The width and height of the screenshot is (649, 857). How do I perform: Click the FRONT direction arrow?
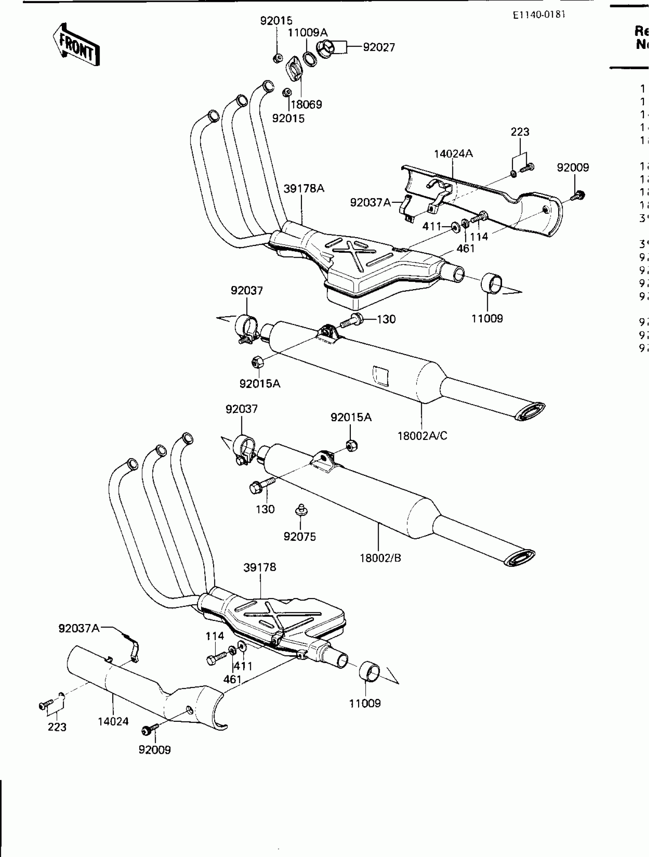pyautogui.click(x=76, y=45)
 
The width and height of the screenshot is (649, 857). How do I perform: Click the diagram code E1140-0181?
pyautogui.click(x=539, y=15)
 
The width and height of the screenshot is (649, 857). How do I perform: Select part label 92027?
pyautogui.click(x=379, y=47)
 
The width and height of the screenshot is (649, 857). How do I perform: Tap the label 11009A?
pyautogui.click(x=307, y=32)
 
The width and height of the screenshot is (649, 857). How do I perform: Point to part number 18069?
pyautogui.click(x=306, y=104)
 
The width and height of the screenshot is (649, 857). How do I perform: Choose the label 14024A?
pyautogui.click(x=453, y=154)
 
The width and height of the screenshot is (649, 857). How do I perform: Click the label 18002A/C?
pyautogui.click(x=422, y=436)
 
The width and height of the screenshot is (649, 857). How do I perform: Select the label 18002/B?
pyautogui.click(x=380, y=558)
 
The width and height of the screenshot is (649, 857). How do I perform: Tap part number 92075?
pyautogui.click(x=299, y=537)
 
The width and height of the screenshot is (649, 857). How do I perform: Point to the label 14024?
pyautogui.click(x=113, y=721)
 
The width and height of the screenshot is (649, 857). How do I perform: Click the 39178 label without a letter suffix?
pyautogui.click(x=260, y=567)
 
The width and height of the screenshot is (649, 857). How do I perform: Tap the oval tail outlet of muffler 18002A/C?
pyautogui.click(x=530, y=411)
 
